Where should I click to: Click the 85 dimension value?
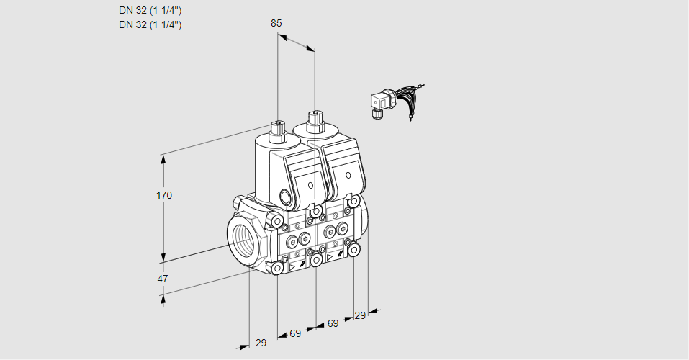(276, 23)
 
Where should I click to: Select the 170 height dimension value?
(165, 195)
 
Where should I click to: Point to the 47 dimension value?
(163, 279)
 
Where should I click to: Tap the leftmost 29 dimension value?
(261, 343)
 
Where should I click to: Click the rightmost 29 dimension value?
(360, 315)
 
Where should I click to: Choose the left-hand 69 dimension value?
(295, 334)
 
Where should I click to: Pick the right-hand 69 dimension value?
(333, 324)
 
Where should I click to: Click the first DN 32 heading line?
(150, 10)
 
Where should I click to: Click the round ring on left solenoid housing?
(287, 197)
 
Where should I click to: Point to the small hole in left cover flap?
(311, 185)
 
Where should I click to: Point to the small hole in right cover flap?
(348, 174)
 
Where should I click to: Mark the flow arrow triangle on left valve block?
(292, 266)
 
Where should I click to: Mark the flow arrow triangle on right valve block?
(330, 256)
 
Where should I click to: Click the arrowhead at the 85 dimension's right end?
(310, 48)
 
